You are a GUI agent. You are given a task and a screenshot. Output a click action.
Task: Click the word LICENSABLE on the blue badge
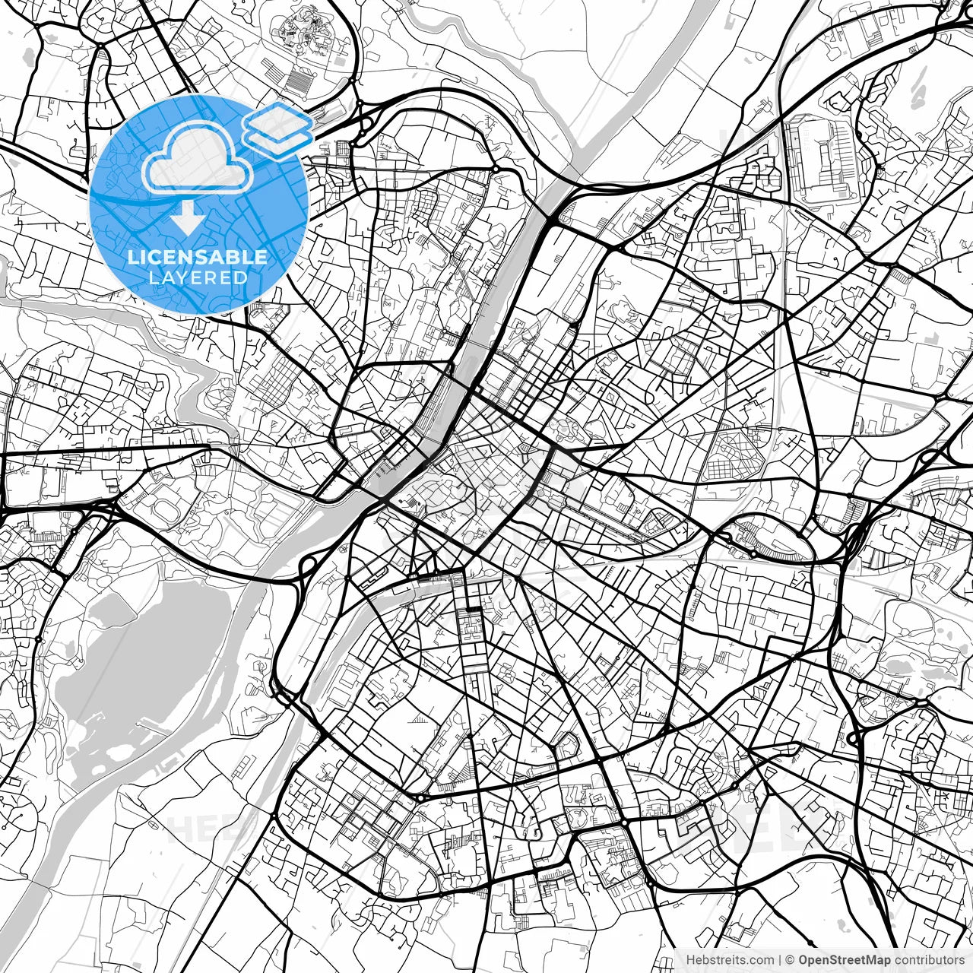pos(197,257)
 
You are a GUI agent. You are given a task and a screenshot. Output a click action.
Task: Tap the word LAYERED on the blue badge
pos(198,278)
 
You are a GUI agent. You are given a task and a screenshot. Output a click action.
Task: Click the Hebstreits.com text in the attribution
pos(730,959)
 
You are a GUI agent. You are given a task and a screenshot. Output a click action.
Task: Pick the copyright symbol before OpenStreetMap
pos(790,959)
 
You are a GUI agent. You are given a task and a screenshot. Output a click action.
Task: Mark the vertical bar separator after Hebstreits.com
pos(780,959)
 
